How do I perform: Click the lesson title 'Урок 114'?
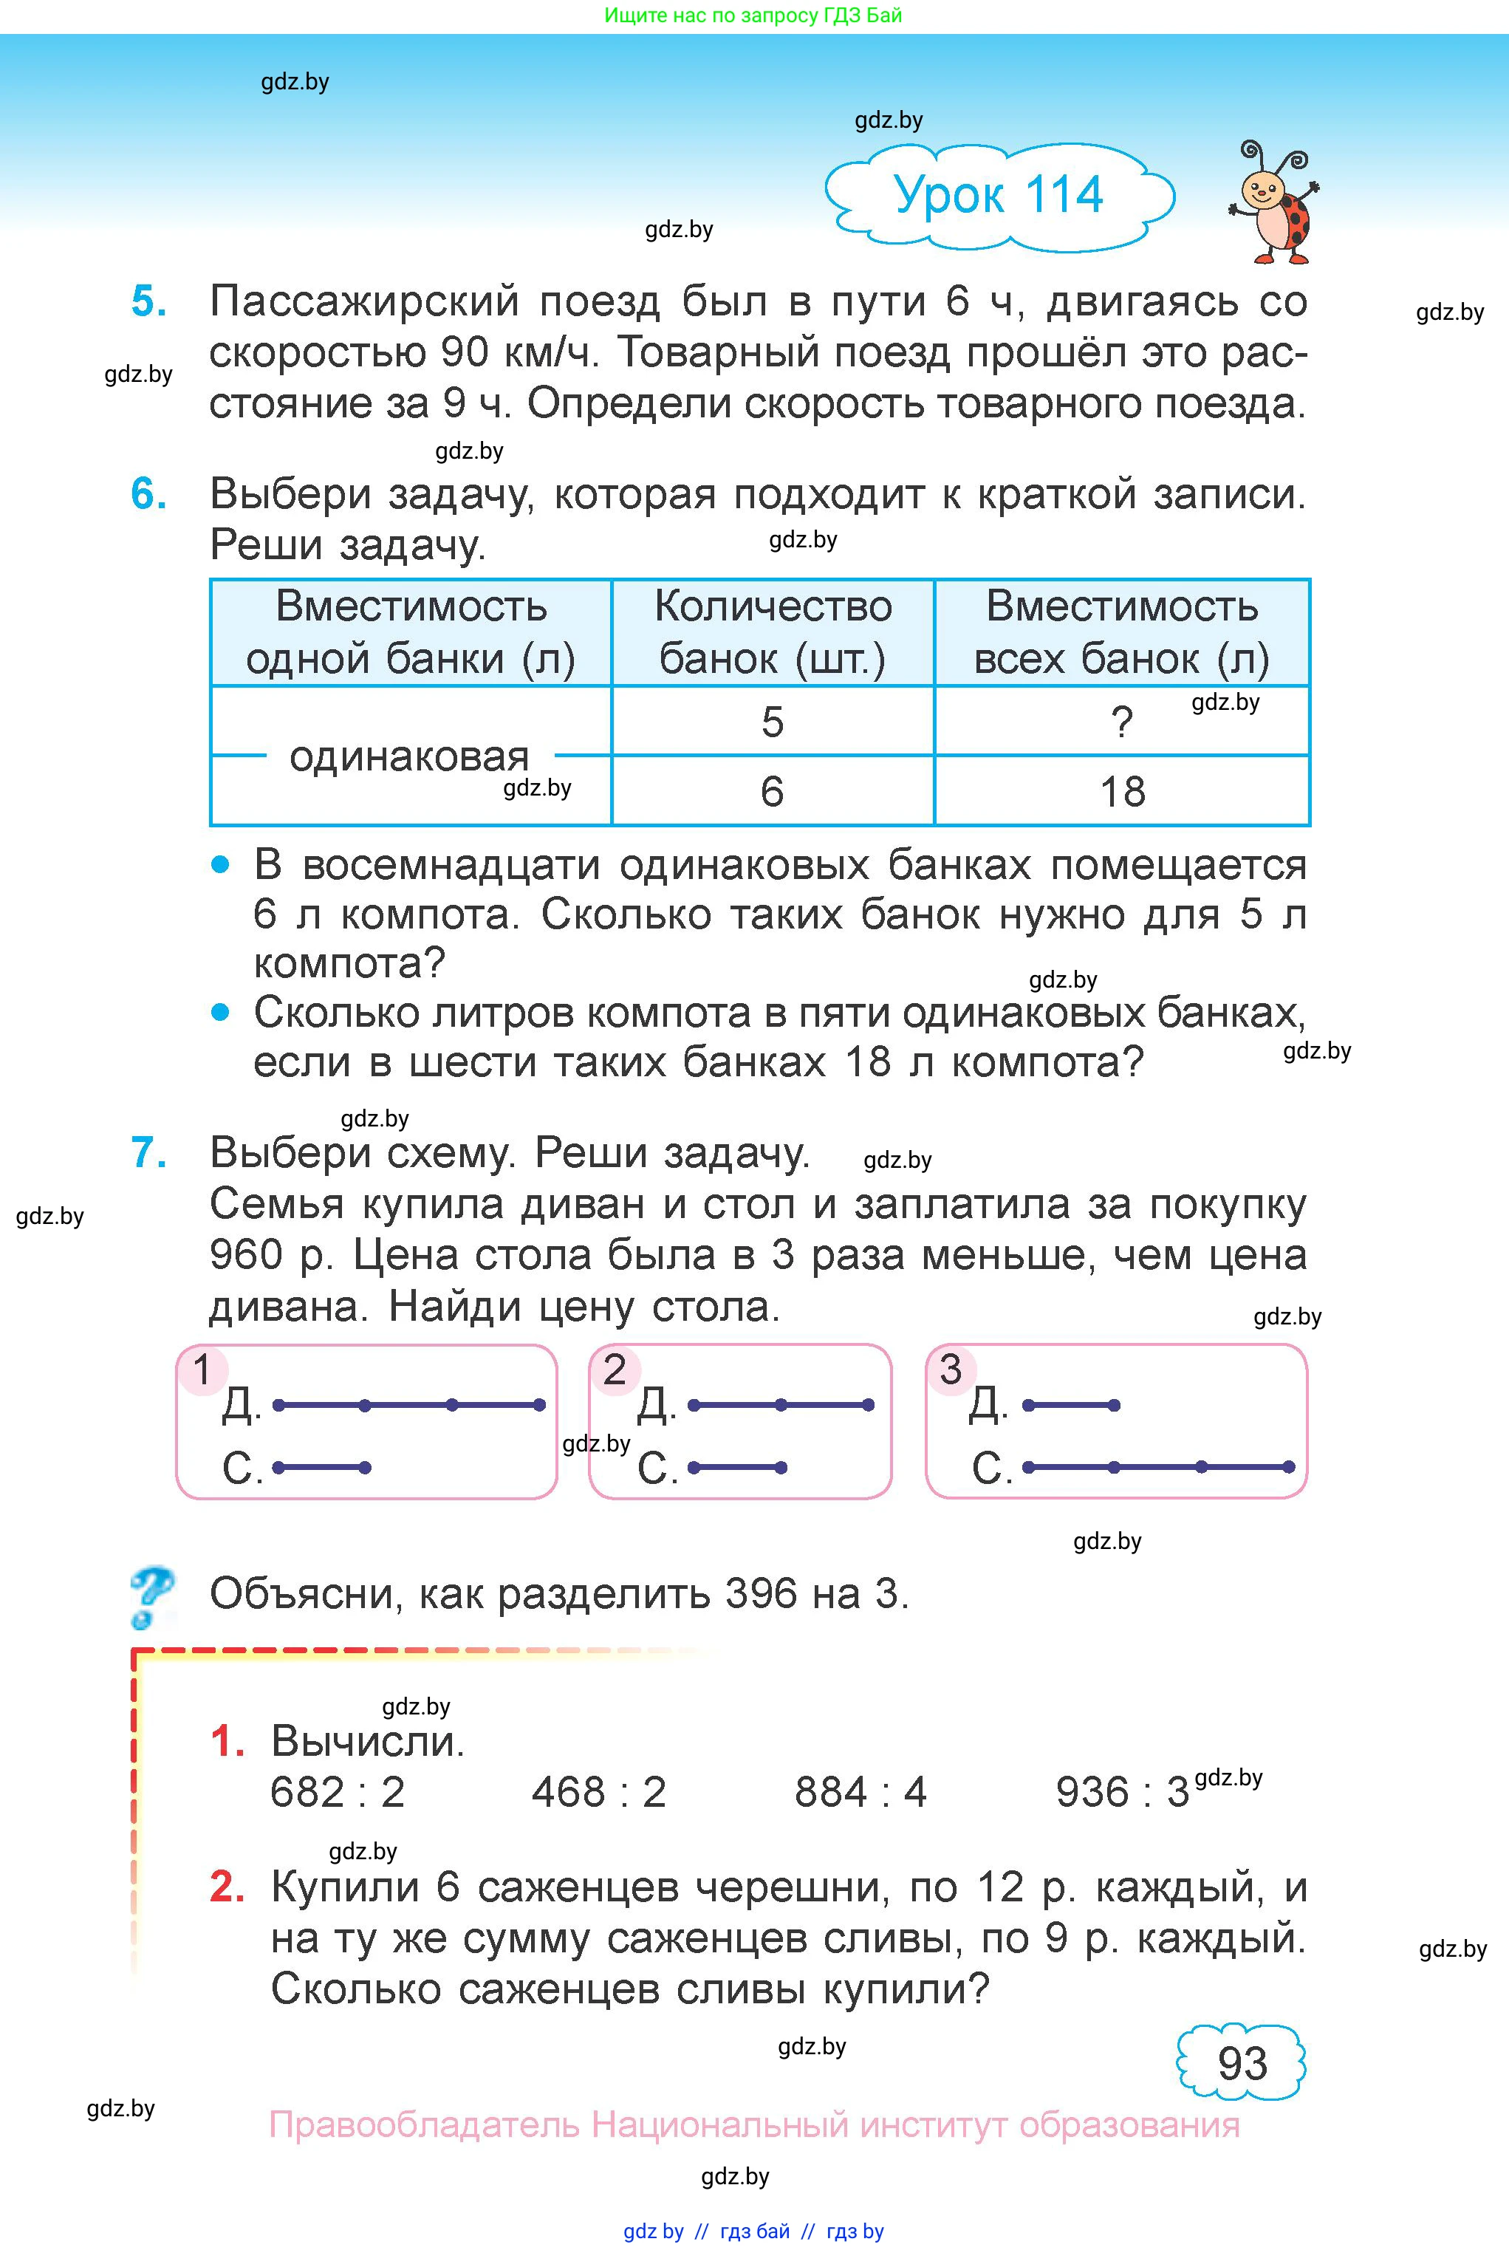[998, 195]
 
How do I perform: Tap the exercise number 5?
[149, 301]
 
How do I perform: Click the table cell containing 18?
[1122, 792]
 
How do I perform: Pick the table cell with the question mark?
[1122, 722]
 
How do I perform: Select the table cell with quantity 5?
[772, 722]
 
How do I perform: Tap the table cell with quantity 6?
[772, 792]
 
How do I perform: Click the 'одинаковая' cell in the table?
[410, 756]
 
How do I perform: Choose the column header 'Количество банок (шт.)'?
[773, 632]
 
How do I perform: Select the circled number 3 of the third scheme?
[951, 1370]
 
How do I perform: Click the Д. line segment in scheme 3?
[1070, 1406]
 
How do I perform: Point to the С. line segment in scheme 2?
[737, 1468]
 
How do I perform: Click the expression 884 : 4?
[860, 1792]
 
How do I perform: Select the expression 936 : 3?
[1122, 1792]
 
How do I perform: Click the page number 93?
[1242, 2062]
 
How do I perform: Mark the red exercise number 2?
[227, 1887]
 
